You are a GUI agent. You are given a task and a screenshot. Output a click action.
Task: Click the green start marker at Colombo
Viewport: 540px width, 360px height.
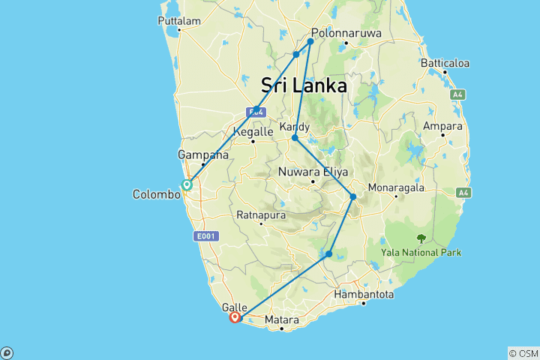(x=187, y=184)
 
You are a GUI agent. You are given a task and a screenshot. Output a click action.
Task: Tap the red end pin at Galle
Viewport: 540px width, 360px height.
(x=235, y=317)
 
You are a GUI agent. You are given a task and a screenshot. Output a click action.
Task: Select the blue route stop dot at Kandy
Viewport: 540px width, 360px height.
(x=295, y=138)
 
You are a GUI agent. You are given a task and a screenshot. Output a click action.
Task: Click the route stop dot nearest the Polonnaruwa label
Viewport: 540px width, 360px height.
(x=310, y=41)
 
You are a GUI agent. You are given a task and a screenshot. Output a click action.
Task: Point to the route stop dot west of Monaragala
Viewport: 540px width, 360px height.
(x=353, y=196)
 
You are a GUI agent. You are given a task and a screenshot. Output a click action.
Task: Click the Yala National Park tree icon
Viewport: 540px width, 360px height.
(x=421, y=238)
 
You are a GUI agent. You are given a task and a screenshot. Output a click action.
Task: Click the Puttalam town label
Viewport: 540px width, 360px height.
(x=179, y=21)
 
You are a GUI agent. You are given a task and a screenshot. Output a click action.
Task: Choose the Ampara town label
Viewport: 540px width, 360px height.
(x=442, y=125)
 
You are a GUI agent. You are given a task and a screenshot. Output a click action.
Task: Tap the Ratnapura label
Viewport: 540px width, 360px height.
(x=260, y=214)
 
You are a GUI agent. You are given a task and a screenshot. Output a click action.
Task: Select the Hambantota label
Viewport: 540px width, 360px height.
(x=364, y=294)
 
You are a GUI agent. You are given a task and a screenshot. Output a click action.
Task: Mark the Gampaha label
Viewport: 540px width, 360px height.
(x=202, y=154)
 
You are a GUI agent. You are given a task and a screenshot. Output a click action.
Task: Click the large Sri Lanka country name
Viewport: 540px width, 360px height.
(x=304, y=85)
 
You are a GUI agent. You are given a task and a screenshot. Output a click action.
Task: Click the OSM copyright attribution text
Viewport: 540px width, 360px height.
(x=523, y=353)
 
